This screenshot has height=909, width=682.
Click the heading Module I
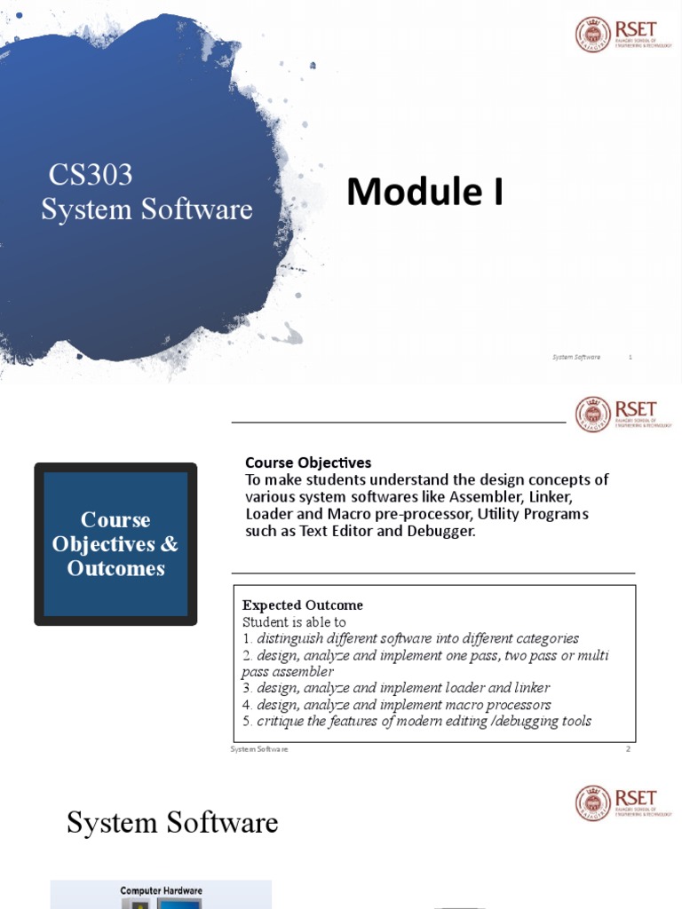(x=424, y=192)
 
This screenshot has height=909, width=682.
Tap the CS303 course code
(x=90, y=175)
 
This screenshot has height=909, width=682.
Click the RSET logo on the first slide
(x=617, y=35)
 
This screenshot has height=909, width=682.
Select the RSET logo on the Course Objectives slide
(x=617, y=415)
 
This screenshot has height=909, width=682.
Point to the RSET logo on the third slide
(x=617, y=802)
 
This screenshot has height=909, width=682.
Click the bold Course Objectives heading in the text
(x=308, y=462)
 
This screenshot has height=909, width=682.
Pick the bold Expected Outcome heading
(x=302, y=605)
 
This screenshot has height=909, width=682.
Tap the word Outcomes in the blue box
(x=115, y=568)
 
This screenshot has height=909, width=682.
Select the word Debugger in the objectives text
(x=444, y=531)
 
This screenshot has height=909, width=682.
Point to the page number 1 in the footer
(x=630, y=357)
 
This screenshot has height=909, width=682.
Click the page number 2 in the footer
(x=628, y=749)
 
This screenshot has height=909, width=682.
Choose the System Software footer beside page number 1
(x=575, y=357)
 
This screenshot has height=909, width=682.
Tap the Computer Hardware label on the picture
(x=161, y=890)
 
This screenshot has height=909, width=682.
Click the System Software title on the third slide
(x=172, y=823)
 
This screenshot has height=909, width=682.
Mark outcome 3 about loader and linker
(x=396, y=688)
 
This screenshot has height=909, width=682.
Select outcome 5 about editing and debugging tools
(x=416, y=721)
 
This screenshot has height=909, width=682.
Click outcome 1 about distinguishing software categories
(x=410, y=638)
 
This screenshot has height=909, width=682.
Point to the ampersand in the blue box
(x=169, y=543)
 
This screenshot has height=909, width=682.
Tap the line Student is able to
(x=294, y=622)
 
